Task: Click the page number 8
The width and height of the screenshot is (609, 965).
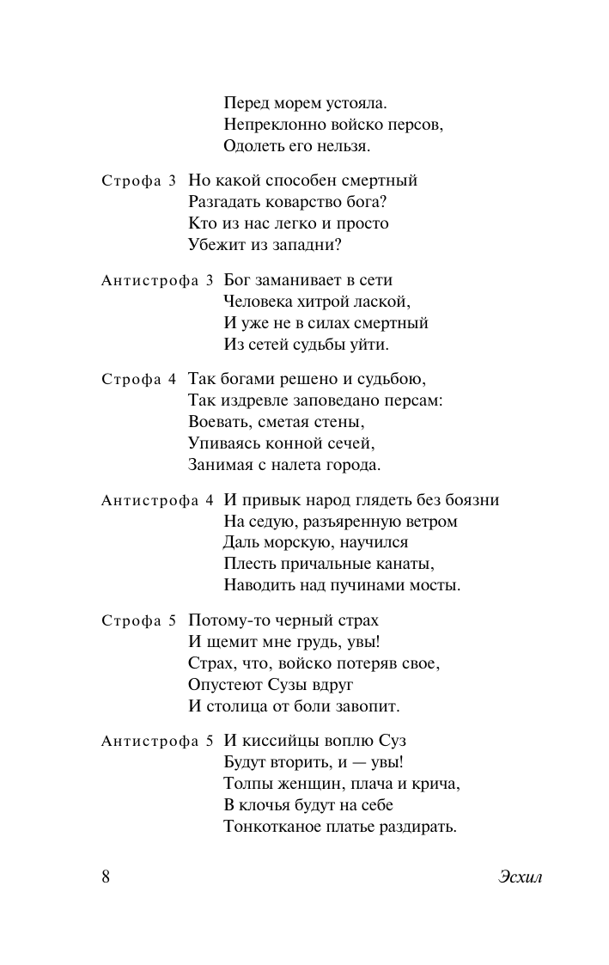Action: coord(105,877)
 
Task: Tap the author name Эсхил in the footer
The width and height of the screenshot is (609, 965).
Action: coord(521,877)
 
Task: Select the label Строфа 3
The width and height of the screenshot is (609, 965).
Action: coord(139,181)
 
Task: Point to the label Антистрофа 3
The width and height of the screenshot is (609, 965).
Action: coord(157,281)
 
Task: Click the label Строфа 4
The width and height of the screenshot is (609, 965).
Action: coord(139,379)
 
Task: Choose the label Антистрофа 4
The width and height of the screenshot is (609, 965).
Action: coord(157,501)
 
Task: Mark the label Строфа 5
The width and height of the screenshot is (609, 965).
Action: coord(139,620)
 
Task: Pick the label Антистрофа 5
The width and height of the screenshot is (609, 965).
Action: coord(157,741)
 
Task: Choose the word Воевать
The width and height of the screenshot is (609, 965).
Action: coord(219,422)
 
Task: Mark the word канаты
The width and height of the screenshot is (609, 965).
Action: coord(404,565)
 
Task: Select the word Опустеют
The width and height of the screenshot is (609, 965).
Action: coord(226,685)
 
